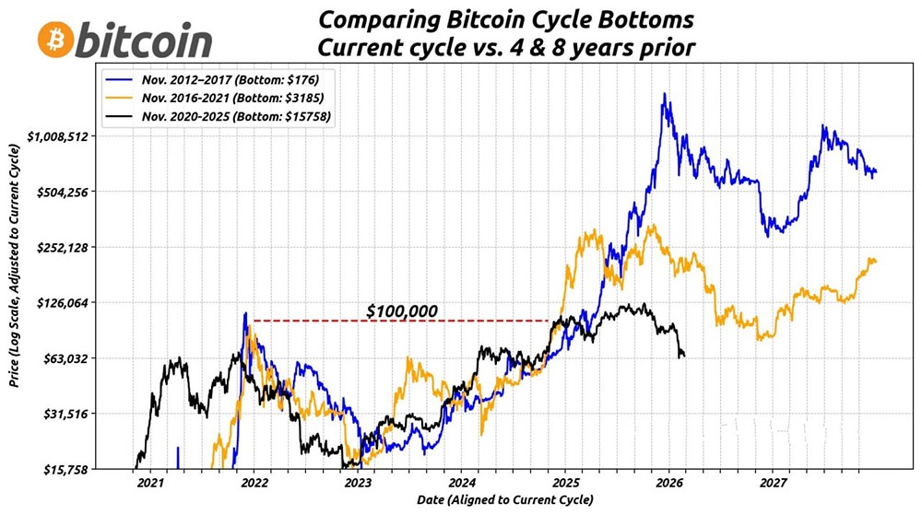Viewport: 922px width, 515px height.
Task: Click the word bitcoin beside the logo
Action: (x=145, y=41)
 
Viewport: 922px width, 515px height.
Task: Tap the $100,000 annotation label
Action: (x=401, y=311)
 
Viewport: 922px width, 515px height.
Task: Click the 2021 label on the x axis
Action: (x=149, y=482)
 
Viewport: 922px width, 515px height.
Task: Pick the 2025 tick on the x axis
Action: (x=566, y=482)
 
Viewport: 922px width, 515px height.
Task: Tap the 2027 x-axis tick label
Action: (x=774, y=482)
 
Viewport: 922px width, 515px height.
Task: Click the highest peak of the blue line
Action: (x=664, y=94)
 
